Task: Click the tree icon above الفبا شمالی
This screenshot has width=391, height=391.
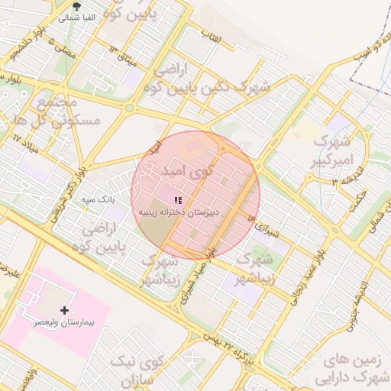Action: coord(76,7)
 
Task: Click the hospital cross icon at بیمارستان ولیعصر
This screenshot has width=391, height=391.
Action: coord(64,310)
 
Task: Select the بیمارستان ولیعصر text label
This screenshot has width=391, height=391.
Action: coord(63,322)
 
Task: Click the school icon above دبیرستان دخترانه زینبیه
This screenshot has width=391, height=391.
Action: coord(179,200)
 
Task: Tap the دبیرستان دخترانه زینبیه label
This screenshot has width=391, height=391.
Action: coord(178,211)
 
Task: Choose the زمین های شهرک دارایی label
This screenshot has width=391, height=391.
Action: coord(355,367)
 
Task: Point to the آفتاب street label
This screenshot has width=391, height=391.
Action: coord(212,34)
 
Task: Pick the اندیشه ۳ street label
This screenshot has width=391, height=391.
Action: coord(324,181)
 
